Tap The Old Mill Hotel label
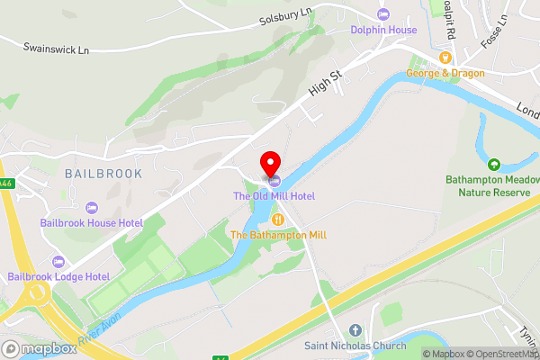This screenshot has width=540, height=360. (274, 195)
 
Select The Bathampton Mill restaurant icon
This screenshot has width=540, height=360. (279, 219)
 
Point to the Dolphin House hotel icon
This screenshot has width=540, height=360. (384, 13)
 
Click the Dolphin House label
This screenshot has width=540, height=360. (384, 30)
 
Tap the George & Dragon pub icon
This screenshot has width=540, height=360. (445, 57)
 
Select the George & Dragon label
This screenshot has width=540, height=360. (445, 73)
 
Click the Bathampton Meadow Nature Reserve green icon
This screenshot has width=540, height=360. (493, 164)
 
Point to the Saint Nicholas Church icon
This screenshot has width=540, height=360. (355, 330)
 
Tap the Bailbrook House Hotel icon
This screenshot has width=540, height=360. (91, 207)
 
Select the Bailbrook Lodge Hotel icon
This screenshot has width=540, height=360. (59, 261)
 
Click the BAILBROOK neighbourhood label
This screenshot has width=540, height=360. (103, 171)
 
